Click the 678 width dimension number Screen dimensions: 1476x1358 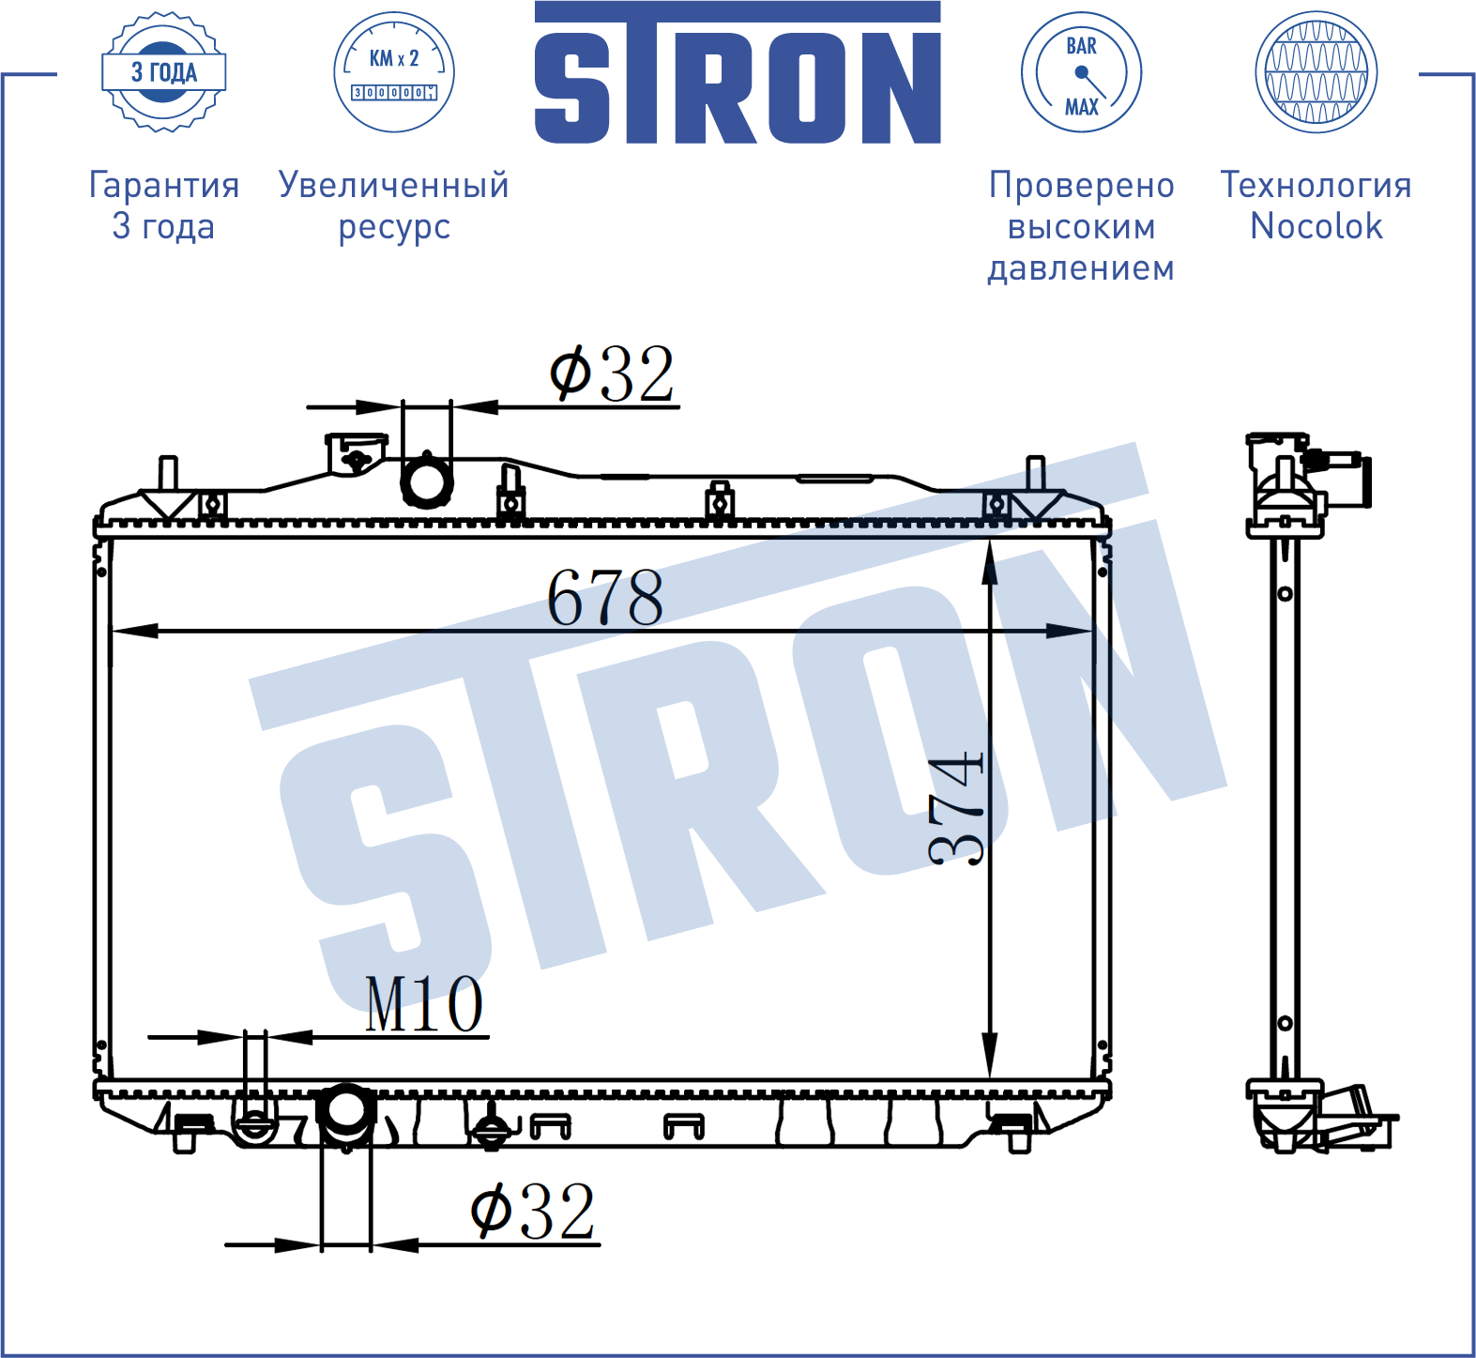(605, 597)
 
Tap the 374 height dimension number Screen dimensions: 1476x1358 (956, 806)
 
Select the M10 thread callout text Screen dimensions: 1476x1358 (424, 1004)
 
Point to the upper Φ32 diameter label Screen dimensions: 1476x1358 (612, 374)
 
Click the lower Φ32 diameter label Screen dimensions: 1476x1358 (533, 1212)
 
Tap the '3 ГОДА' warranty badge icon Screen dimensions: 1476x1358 (164, 72)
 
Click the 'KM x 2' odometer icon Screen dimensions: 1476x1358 (394, 72)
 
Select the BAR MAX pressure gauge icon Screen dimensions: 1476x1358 (1081, 72)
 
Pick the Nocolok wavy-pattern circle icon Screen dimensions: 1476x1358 (1316, 72)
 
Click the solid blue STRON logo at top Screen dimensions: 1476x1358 (738, 73)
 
